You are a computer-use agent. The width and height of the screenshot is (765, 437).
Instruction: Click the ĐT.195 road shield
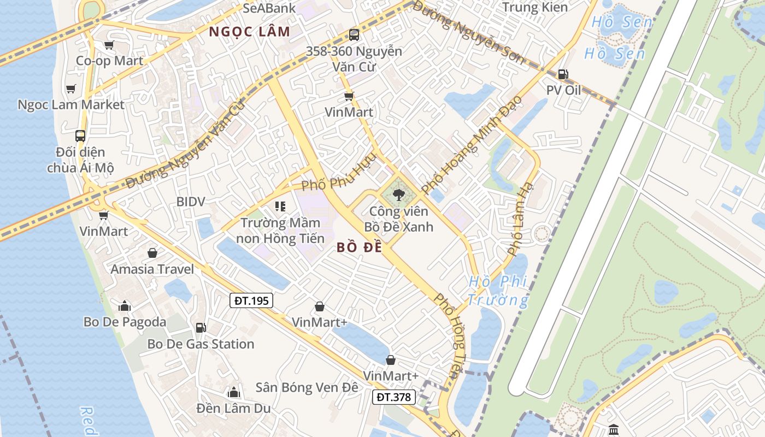click(x=251, y=300)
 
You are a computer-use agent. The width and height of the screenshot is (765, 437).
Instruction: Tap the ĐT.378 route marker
click(x=393, y=397)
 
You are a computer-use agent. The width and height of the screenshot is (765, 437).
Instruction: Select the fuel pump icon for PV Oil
click(x=563, y=74)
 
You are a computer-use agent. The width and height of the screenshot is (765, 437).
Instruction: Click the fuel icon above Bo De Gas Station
click(x=201, y=328)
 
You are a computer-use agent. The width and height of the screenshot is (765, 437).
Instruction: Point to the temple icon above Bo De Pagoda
click(x=125, y=306)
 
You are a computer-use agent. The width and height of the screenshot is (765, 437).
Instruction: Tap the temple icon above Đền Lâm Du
click(x=234, y=392)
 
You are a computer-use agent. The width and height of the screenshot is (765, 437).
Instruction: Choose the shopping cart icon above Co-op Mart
click(x=109, y=45)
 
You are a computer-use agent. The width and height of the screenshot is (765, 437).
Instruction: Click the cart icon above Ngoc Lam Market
click(x=71, y=88)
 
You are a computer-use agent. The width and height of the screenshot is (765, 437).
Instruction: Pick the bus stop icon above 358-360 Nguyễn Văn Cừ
click(x=354, y=35)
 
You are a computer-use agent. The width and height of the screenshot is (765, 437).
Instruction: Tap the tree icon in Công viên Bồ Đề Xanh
click(x=398, y=194)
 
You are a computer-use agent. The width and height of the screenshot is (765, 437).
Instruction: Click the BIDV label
click(x=191, y=202)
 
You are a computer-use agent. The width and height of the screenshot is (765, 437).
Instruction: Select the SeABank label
click(x=268, y=8)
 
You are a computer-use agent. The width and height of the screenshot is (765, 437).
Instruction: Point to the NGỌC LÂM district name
click(x=250, y=32)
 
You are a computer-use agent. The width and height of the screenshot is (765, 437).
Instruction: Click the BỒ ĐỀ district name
click(x=359, y=247)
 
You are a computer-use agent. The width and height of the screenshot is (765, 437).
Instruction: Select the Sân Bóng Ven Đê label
click(x=307, y=387)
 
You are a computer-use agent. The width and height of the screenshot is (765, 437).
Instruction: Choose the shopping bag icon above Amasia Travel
click(x=152, y=253)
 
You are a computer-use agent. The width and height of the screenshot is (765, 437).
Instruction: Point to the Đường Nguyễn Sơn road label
click(x=468, y=32)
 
